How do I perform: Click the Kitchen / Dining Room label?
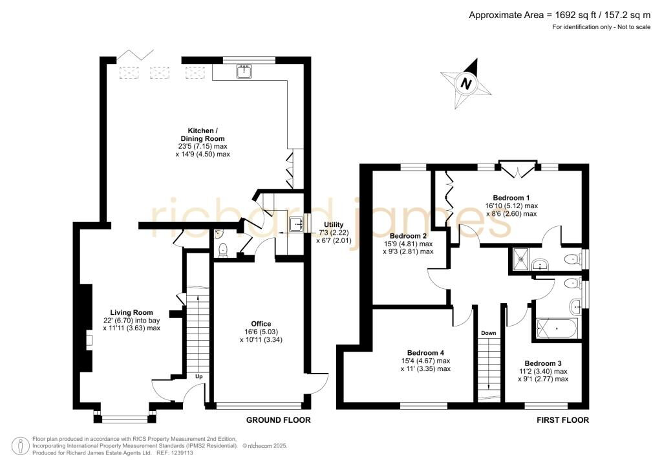[202, 134]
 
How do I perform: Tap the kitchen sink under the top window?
[244, 72]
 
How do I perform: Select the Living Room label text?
[131, 313]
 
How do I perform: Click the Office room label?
[261, 324]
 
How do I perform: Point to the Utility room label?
[334, 225]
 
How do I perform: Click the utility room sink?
[296, 224]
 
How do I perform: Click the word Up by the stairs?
[198, 376]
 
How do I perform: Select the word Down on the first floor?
[489, 333]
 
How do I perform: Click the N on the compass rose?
[465, 83]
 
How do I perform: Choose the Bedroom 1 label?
[511, 198]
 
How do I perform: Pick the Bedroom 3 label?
[543, 363]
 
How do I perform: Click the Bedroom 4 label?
[425, 353]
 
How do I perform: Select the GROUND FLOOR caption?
[278, 420]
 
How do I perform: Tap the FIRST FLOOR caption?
[563, 420]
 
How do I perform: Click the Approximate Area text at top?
[560, 16]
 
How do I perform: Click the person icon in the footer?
[20, 446]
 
